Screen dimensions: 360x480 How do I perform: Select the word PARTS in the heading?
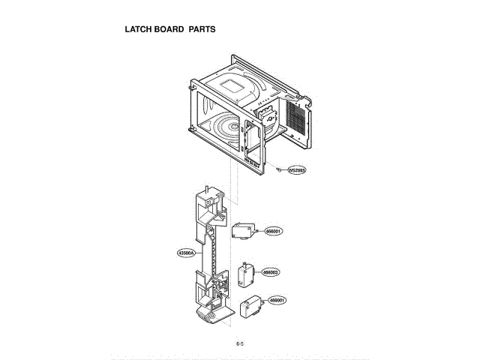tap(202, 30)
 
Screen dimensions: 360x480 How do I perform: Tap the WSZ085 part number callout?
tap(296, 170)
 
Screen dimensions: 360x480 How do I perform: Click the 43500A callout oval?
tap(186, 253)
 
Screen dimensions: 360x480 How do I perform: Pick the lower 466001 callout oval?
tap(277, 300)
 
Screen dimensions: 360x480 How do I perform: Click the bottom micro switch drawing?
tap(250, 307)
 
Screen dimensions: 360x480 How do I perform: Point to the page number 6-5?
tap(240, 343)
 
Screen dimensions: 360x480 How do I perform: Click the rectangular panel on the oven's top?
tap(236, 83)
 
